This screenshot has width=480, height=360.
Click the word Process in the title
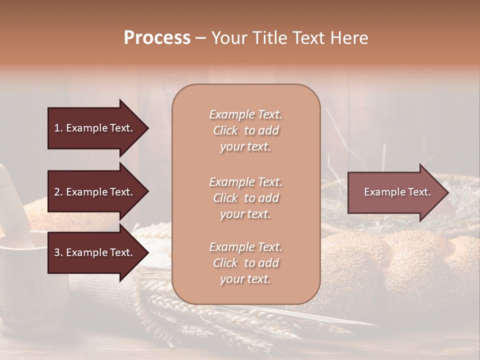157,38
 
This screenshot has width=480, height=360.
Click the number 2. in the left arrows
58,192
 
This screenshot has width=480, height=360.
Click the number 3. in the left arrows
58,252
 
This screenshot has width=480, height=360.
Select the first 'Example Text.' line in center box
245,114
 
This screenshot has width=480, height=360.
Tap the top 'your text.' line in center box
245,146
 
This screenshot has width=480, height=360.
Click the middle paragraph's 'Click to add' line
245,198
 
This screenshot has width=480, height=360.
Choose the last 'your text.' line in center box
245,279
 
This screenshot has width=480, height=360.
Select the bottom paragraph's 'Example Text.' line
245,247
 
